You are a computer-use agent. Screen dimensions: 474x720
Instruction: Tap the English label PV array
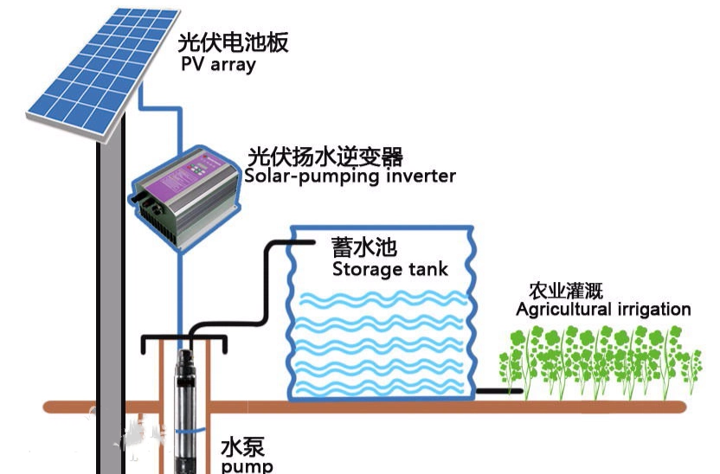click(218, 65)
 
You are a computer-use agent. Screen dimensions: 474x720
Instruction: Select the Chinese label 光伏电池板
click(233, 42)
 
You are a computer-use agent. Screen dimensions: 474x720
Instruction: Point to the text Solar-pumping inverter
click(350, 176)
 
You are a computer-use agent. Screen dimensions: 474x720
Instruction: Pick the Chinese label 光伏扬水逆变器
click(325, 157)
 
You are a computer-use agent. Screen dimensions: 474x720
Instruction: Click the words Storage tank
click(390, 269)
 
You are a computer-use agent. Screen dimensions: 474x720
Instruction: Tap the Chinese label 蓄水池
click(363, 246)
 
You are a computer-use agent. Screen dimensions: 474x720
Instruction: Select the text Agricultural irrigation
click(603, 310)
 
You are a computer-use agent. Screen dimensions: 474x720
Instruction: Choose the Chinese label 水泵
click(242, 447)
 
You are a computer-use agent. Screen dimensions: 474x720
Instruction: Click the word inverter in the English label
click(420, 176)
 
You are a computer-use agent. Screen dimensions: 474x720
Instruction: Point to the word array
click(232, 66)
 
